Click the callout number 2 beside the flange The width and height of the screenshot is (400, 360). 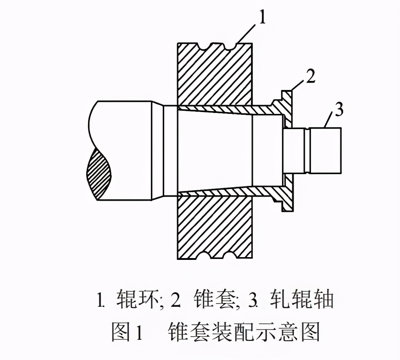(311, 77)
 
